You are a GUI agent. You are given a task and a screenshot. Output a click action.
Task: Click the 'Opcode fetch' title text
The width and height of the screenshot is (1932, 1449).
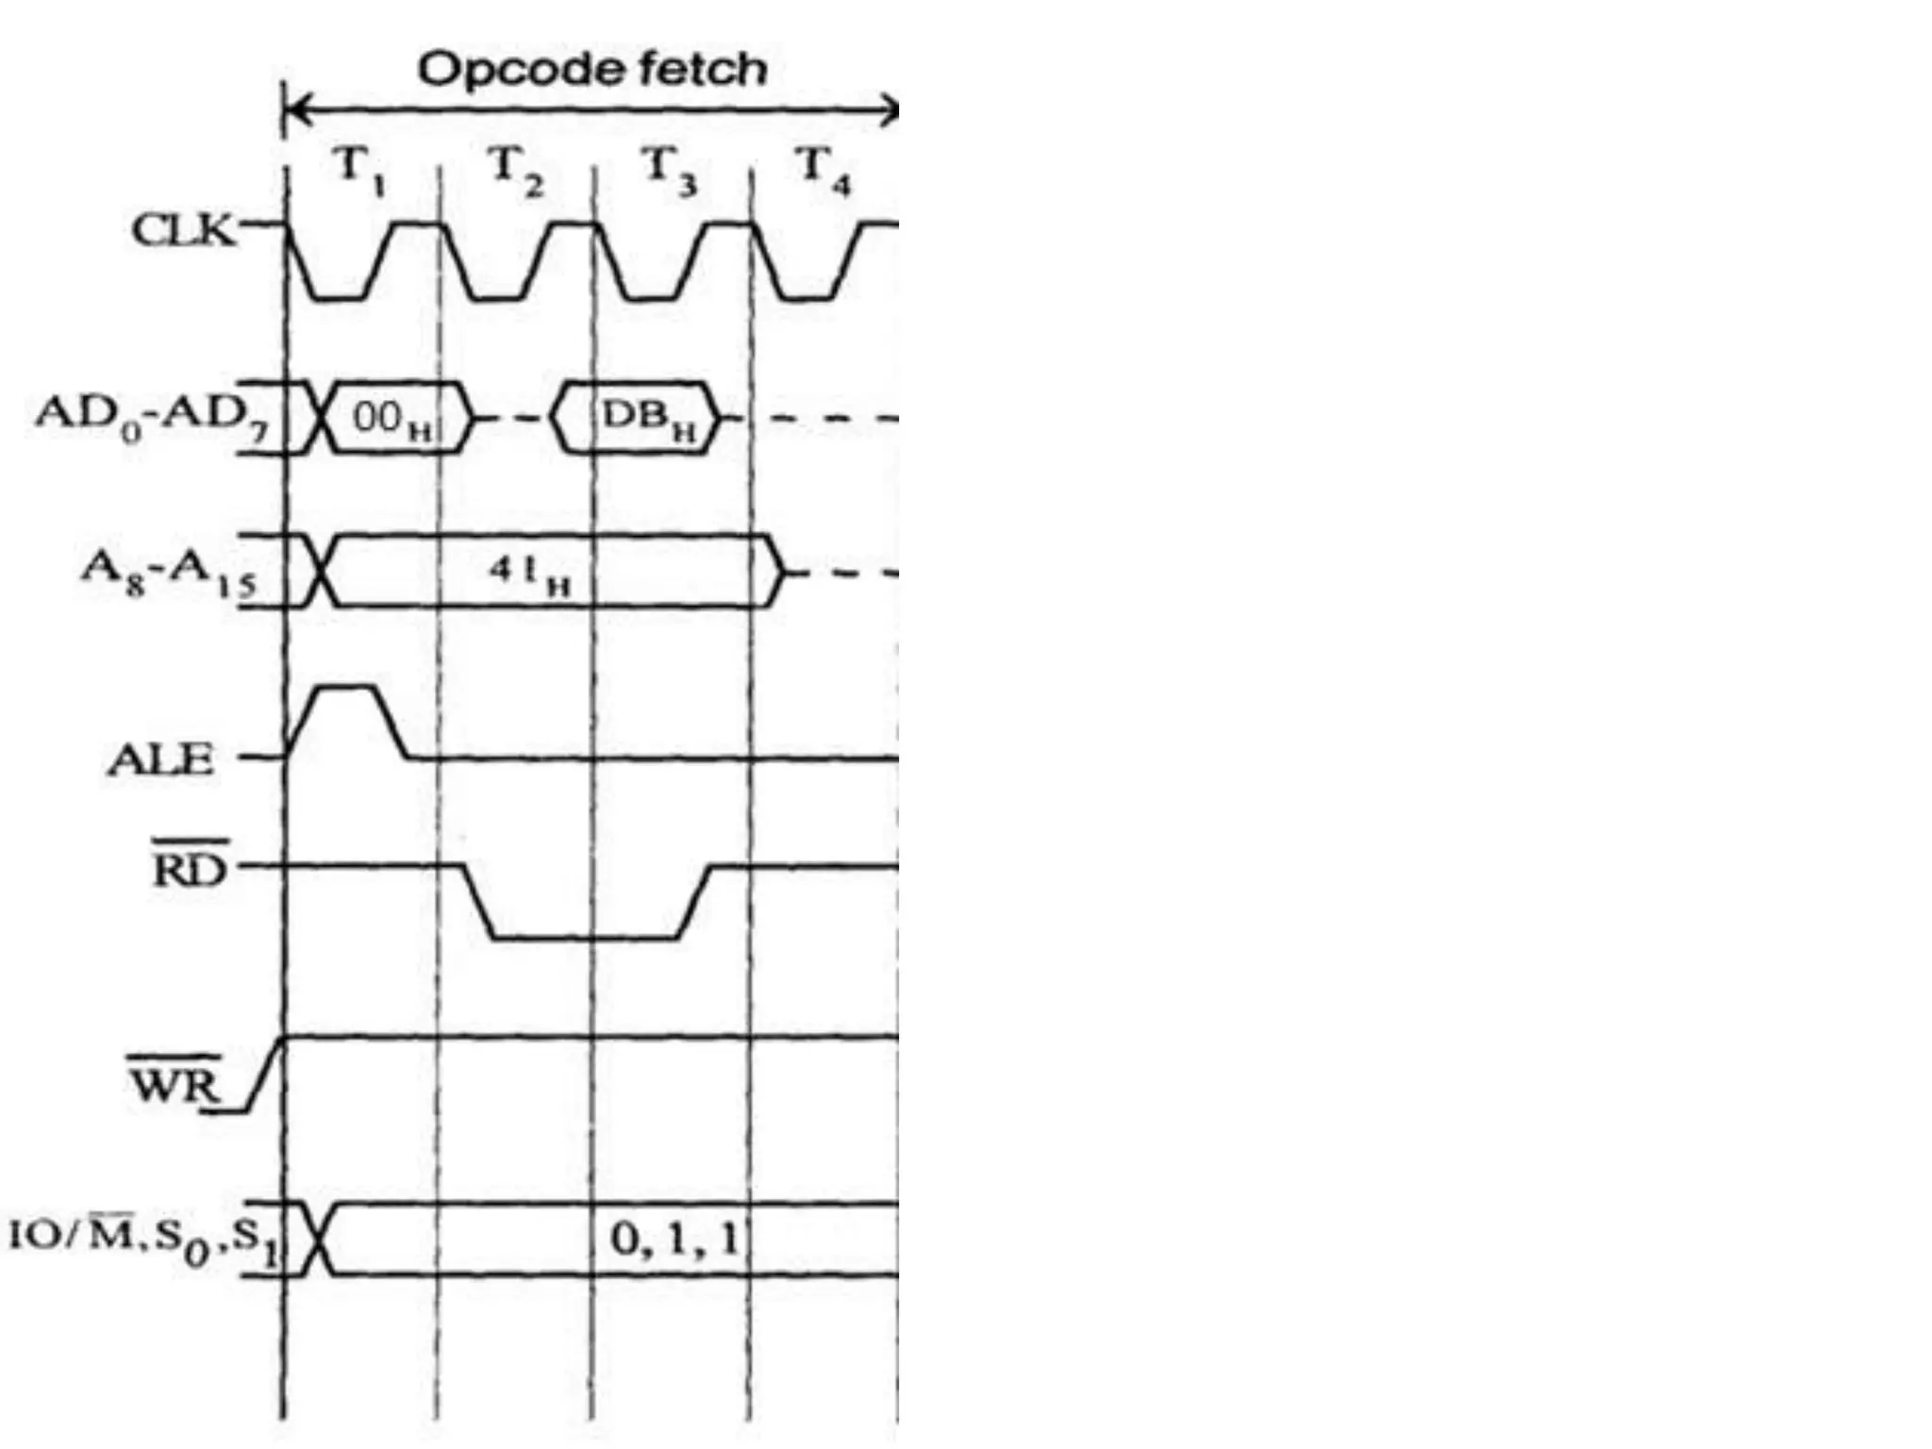pos(592,70)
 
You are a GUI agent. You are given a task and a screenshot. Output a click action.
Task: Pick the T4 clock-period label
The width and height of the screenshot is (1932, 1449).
pos(824,171)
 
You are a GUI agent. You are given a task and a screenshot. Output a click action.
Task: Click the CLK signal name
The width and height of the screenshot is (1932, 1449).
pos(183,229)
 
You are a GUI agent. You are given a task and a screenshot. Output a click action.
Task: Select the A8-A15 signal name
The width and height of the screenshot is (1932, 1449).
pos(168,572)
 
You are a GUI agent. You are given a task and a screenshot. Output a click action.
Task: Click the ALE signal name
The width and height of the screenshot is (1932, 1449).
pos(160,759)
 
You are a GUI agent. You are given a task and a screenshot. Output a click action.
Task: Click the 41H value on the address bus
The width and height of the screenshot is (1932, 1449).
pos(529,572)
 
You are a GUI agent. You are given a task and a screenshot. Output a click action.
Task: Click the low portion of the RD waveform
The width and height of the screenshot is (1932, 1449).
pos(585,937)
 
